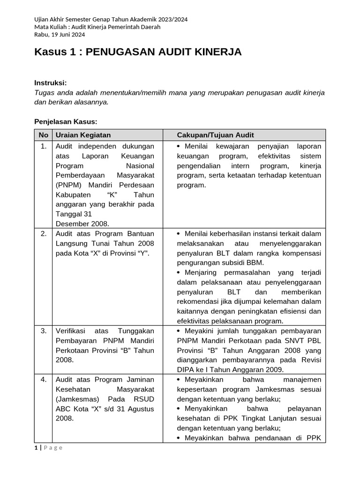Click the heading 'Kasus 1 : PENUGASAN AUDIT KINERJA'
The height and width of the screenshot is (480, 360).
(138, 52)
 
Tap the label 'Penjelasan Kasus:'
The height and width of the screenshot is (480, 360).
(66, 121)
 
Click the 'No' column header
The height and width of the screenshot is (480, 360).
(44, 135)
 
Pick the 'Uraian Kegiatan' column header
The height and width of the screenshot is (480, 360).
(83, 135)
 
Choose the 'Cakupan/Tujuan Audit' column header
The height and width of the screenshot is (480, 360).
(215, 135)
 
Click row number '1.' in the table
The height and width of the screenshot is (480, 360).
(44, 146)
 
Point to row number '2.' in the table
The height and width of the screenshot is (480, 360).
(44, 233)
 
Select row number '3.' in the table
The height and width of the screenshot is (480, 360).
(44, 330)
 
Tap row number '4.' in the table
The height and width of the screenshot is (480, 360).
(44, 379)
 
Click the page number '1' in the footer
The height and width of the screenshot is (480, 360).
(36, 447)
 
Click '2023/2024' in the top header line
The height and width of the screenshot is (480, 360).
(172, 19)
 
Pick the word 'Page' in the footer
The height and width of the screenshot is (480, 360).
(53, 447)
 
